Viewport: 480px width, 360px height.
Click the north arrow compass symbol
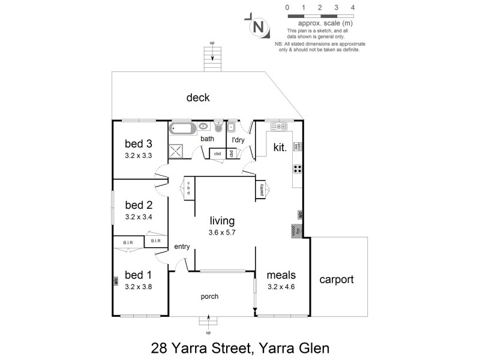[258, 27]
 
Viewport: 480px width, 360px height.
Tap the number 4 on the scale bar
[353, 7]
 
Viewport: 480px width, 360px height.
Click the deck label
[197, 98]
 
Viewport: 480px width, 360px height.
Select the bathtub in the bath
[184, 127]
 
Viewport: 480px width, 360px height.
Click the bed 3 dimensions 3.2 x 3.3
[139, 155]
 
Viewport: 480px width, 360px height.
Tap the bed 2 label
[138, 205]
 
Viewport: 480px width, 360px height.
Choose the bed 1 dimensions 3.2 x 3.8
[139, 287]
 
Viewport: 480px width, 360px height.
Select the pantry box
[262, 190]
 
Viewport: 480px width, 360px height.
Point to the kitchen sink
[280, 127]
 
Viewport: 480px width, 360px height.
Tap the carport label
[337, 279]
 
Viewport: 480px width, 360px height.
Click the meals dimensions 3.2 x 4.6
[281, 287]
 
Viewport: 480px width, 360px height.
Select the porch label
[209, 296]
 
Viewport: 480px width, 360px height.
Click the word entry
[182, 247]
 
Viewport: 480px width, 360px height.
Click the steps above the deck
[211, 56]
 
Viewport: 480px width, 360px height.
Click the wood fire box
[296, 232]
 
